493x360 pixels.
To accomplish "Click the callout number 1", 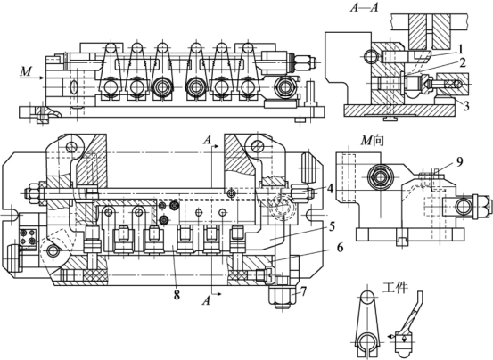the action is pyautogui.click(x=460, y=49).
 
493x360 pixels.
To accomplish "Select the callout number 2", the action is pyautogui.click(x=462, y=63).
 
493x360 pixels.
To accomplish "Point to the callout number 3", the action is pyautogui.click(x=465, y=105).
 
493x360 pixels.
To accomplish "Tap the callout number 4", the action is pyautogui.click(x=330, y=189).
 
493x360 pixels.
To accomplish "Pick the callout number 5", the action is pyautogui.click(x=332, y=227).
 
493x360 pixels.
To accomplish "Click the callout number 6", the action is pyautogui.click(x=340, y=248).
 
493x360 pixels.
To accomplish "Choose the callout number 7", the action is pyautogui.click(x=303, y=291).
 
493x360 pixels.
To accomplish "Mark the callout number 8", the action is pyautogui.click(x=177, y=294).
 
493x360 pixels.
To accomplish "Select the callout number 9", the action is pyautogui.click(x=460, y=162).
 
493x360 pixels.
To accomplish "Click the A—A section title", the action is pyautogui.click(x=364, y=7).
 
